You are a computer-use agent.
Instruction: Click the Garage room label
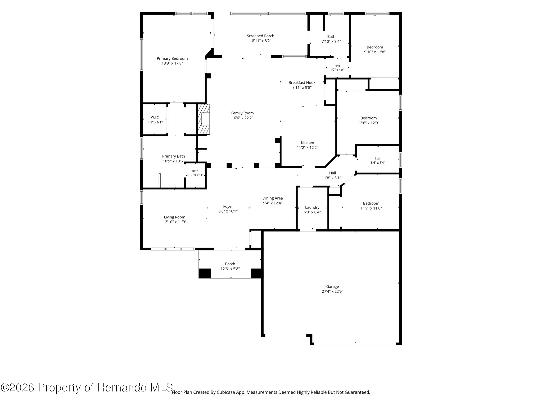[x=332, y=287]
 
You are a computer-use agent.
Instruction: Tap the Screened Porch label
[x=260, y=36]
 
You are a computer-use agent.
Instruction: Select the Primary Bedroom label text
[x=172, y=59]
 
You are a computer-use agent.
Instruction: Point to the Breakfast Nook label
[x=302, y=83]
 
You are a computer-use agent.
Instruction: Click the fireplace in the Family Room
[x=203, y=119]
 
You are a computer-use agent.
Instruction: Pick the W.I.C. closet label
[x=155, y=117]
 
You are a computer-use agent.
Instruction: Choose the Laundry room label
[x=312, y=207]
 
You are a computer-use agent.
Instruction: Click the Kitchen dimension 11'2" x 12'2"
[x=308, y=148]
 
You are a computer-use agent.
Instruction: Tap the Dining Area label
[x=273, y=198]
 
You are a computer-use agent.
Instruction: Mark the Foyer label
[x=228, y=206]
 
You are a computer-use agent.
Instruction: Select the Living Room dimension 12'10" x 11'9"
[x=175, y=222]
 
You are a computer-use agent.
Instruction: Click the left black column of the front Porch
[x=205, y=273]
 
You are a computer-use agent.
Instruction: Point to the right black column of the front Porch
[x=256, y=273]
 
